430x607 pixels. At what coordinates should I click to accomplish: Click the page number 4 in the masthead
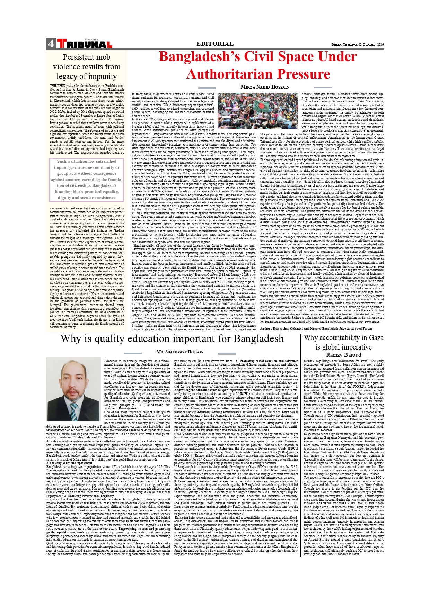pos(51,44)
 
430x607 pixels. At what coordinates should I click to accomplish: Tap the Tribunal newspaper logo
pos(85,44)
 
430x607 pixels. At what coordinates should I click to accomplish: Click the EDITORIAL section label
pos(215,44)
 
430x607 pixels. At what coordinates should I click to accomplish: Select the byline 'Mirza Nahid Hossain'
pos(265,87)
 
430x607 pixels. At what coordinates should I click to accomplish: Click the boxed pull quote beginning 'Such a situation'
pos(87,179)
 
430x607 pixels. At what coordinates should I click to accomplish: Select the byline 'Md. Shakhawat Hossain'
pos(180,352)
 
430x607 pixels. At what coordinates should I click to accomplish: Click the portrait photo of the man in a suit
pos(73,389)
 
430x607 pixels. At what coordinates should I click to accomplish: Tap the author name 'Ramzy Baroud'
pos(344,355)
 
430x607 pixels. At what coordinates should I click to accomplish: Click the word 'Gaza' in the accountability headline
pos(374,338)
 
